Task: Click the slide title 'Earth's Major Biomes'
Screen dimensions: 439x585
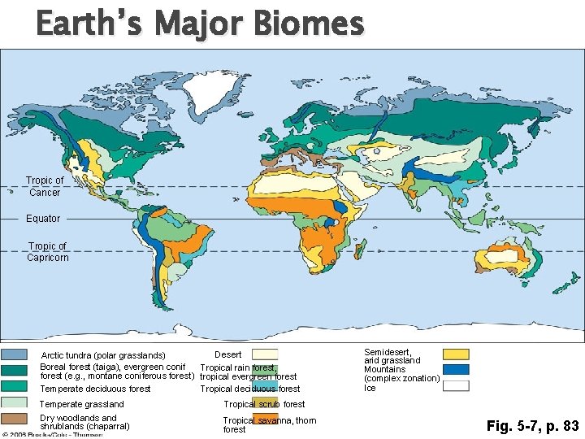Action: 200,24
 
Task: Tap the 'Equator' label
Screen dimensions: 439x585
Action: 43,219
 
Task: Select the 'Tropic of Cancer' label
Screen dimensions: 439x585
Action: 45,186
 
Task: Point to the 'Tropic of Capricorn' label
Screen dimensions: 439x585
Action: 48,252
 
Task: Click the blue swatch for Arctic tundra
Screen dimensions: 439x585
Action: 14,354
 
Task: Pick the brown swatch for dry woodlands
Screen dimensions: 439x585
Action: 14,419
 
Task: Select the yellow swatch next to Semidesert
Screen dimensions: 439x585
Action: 456,354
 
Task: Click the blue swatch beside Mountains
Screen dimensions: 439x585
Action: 456,369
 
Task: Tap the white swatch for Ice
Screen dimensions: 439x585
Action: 456,386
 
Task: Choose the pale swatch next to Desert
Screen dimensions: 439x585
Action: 265,354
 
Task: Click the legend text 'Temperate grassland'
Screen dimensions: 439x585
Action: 82,404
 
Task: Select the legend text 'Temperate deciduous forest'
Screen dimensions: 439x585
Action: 95,389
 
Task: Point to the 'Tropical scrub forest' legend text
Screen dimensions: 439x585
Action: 264,404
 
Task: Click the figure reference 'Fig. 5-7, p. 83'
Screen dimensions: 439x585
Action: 532,425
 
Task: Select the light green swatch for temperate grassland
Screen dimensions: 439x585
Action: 14,402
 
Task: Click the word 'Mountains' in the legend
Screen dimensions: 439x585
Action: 384,369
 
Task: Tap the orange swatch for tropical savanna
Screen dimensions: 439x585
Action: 265,419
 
